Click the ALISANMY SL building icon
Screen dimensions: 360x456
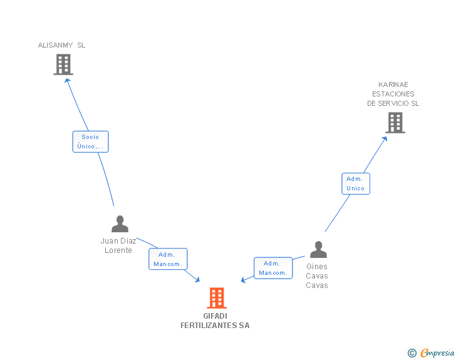click(x=63, y=64)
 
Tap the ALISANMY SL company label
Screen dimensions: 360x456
click(x=61, y=45)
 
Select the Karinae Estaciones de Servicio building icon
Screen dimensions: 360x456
click(x=395, y=123)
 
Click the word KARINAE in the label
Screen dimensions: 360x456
click(x=393, y=85)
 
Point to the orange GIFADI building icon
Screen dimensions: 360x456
click(x=217, y=298)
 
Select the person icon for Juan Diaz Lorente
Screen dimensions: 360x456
click(x=120, y=224)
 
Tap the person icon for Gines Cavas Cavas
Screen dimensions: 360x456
click(x=318, y=249)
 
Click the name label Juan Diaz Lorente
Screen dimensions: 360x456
click(x=118, y=245)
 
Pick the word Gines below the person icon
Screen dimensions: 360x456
click(x=317, y=267)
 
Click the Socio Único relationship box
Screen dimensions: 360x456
click(x=90, y=141)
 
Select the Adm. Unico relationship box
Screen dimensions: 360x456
click(x=355, y=183)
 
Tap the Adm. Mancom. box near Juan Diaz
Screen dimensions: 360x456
click(x=168, y=259)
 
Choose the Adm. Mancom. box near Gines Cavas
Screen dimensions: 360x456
click(x=273, y=268)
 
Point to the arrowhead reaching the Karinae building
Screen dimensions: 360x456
click(x=385, y=138)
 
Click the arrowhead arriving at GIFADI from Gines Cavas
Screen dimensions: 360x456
click(x=243, y=280)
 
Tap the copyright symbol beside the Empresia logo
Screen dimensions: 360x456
click(x=412, y=353)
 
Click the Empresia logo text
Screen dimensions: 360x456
click(x=437, y=352)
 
